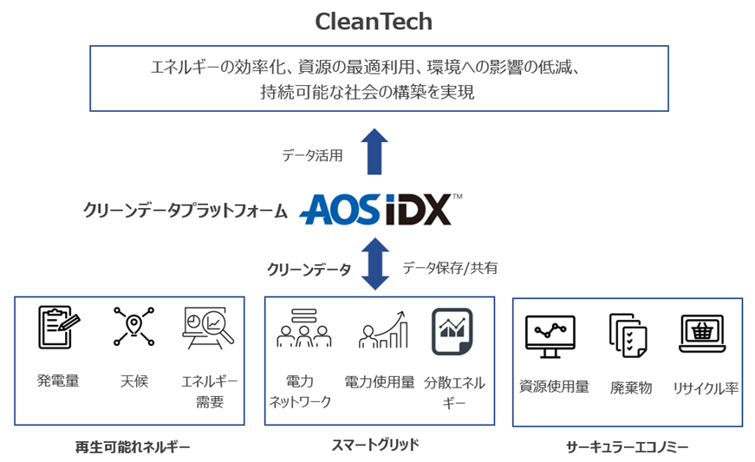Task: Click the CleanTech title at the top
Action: pyautogui.click(x=374, y=20)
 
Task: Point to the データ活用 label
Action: pyautogui.click(x=312, y=156)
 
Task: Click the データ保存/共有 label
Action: pyautogui.click(x=450, y=268)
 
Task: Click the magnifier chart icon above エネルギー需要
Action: pyautogui.click(x=208, y=329)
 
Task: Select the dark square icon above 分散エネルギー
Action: pyautogui.click(x=452, y=330)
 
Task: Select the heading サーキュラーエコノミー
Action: pyautogui.click(x=626, y=447)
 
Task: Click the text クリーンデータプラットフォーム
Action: pyautogui.click(x=185, y=210)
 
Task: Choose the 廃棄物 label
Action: pyautogui.click(x=630, y=387)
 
